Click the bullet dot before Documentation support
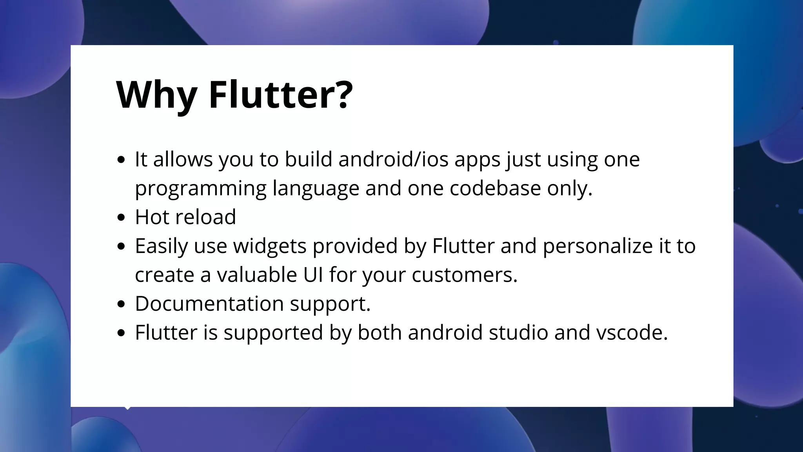pyautogui.click(x=121, y=304)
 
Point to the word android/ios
pyautogui.click(x=393, y=159)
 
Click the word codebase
pyautogui.click(x=495, y=188)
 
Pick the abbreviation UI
pyautogui.click(x=313, y=275)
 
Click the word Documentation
pyautogui.click(x=209, y=304)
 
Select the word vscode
pyautogui.click(x=631, y=333)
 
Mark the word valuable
pyautogui.click(x=257, y=275)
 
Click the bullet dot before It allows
pyautogui.click(x=121, y=160)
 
